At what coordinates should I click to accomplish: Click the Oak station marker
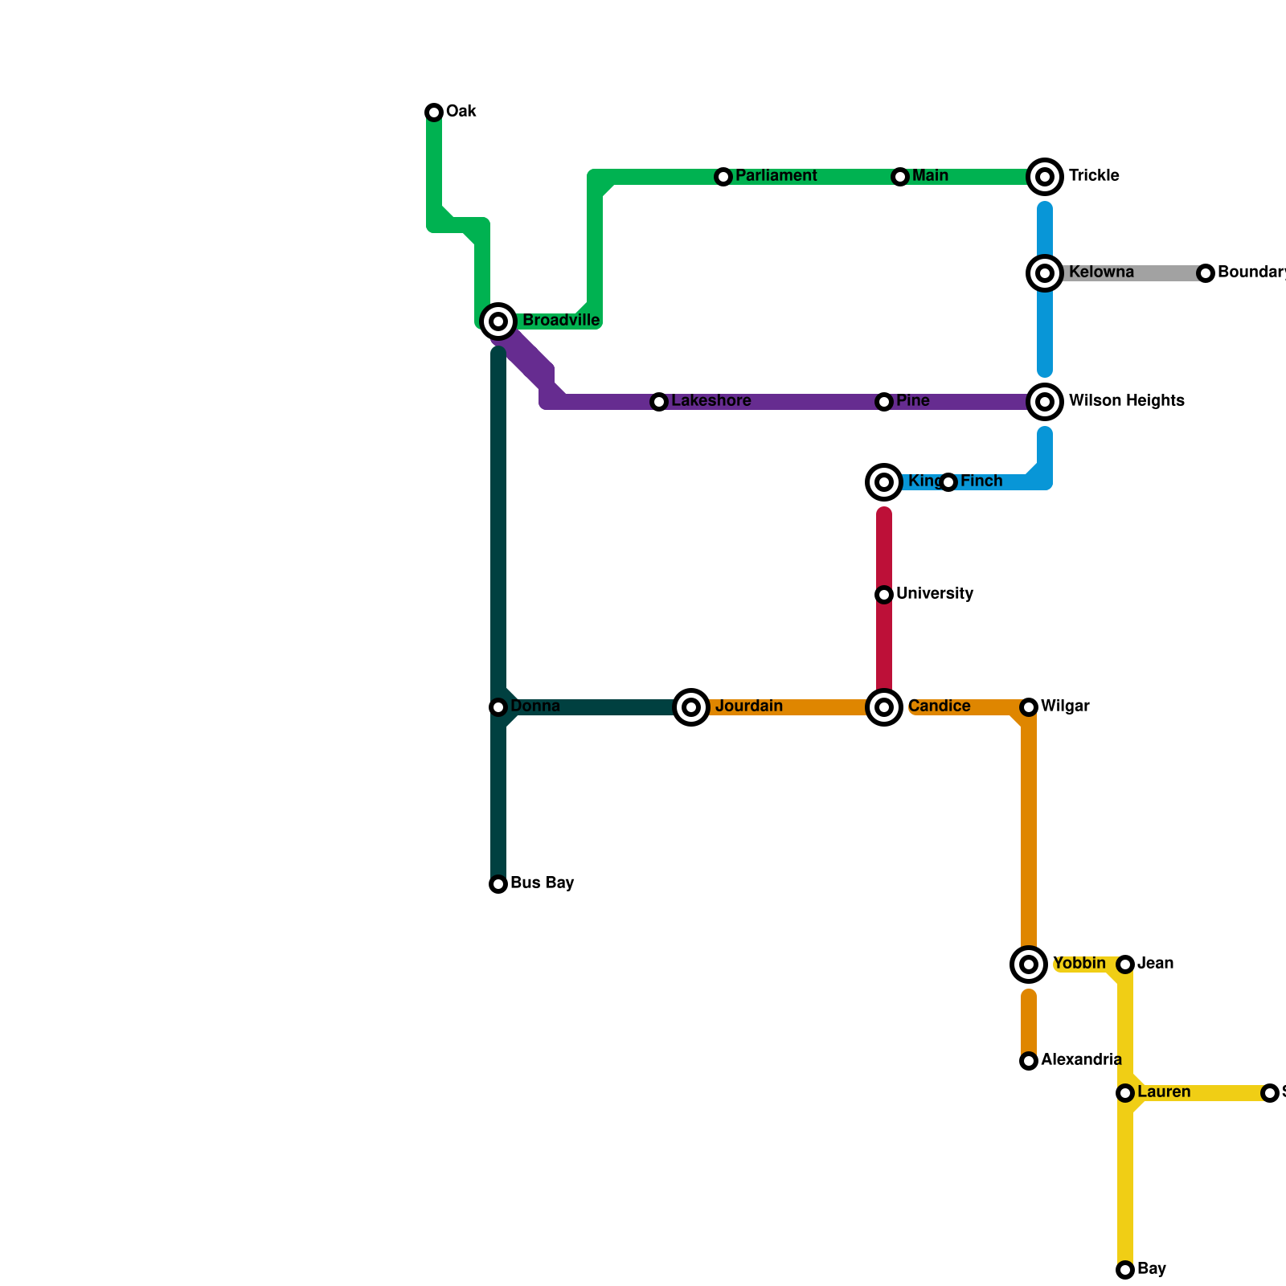(434, 113)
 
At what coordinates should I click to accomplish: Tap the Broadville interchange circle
(498, 321)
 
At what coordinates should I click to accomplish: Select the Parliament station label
(776, 176)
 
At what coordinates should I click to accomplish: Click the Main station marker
(900, 177)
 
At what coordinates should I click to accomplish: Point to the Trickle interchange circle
(1045, 177)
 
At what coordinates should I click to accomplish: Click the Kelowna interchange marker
(1045, 273)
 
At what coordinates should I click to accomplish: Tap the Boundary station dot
(1206, 273)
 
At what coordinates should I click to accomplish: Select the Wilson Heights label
(1126, 401)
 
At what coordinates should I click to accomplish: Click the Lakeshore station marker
(659, 402)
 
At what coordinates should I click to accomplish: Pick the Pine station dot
(884, 402)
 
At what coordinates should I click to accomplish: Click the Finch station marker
(948, 482)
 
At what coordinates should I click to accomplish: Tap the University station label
(935, 594)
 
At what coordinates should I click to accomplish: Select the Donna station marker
(498, 707)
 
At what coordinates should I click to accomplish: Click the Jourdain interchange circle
(691, 707)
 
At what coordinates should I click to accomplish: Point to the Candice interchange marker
(884, 707)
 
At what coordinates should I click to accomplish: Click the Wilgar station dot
(1029, 707)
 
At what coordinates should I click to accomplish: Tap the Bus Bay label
(542, 883)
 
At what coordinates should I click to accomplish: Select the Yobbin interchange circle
(1029, 964)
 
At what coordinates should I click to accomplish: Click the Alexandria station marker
(1029, 1061)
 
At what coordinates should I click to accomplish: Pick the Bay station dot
(1125, 1270)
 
